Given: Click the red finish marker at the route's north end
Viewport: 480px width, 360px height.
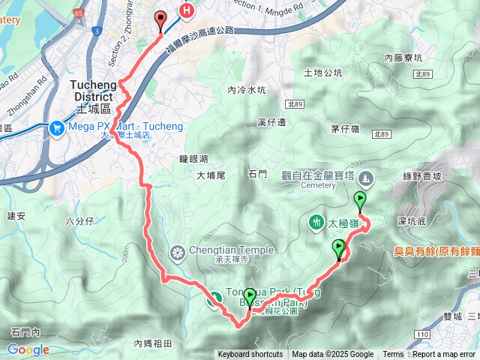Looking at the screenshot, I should tap(160, 19).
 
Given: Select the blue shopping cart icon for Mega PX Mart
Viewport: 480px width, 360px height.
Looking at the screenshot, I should tap(57, 127).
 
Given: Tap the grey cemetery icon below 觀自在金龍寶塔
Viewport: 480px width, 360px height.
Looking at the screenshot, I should tap(366, 178).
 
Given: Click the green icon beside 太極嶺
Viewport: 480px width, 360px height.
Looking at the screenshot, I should tap(314, 222).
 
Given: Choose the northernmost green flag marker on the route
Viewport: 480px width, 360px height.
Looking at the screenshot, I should tap(361, 200).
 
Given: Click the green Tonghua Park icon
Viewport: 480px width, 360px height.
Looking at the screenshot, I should tap(214, 298).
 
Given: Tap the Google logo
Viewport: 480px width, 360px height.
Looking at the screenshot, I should tap(28, 349).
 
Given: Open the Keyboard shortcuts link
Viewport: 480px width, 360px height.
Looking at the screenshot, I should tap(250, 355).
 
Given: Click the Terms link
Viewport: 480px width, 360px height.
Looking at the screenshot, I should tap(393, 355).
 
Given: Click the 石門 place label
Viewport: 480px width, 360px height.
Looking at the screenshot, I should tap(256, 174).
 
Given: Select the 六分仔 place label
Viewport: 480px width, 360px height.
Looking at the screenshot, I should tap(79, 221).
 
